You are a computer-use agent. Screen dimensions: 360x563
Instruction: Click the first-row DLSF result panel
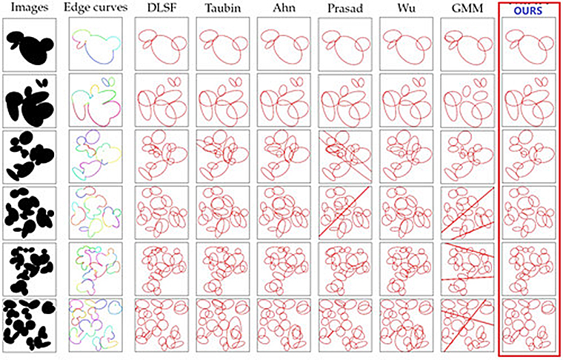tap(159, 47)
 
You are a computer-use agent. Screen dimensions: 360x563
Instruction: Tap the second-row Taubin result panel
tap(220, 101)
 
